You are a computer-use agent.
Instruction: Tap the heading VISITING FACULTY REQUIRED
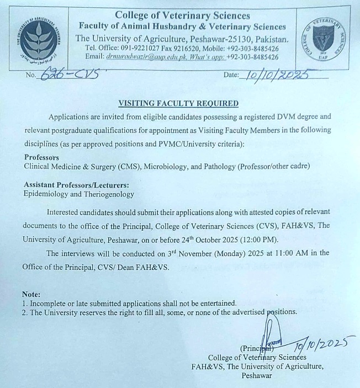(x=179, y=103)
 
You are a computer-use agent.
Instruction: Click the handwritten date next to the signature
(x=316, y=346)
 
